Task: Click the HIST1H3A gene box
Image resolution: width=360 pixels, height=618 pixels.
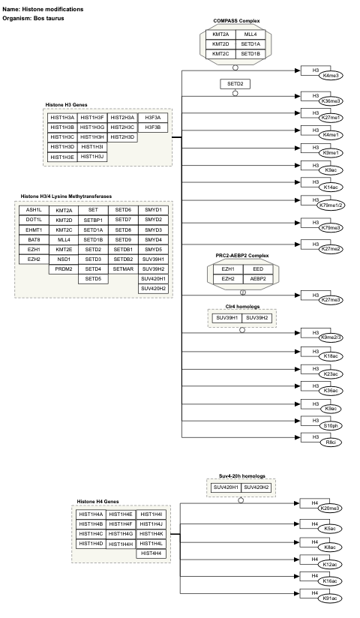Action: click(x=62, y=118)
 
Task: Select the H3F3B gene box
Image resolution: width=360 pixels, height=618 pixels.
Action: click(x=152, y=127)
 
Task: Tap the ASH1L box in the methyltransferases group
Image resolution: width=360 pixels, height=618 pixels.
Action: click(x=33, y=210)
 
